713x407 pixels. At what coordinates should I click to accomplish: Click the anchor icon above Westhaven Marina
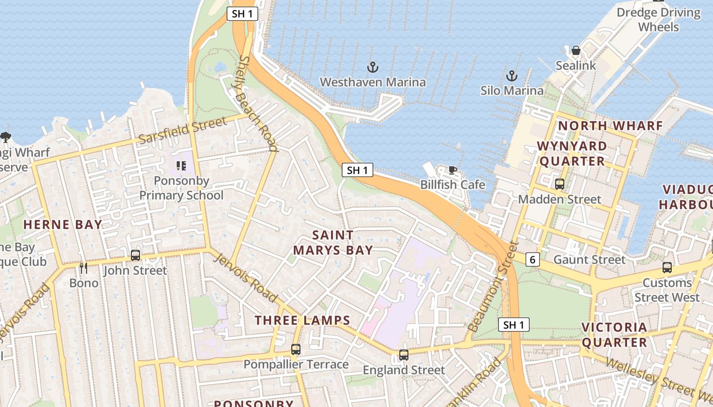[x=373, y=67]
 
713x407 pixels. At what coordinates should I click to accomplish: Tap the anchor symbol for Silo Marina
[x=511, y=76]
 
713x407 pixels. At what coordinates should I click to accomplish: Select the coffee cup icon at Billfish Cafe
[x=452, y=170]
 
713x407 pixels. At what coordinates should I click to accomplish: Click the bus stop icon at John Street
[x=135, y=255]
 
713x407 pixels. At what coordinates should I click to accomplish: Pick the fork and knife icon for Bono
[x=84, y=268]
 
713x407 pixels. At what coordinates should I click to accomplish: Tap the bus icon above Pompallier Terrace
[x=295, y=350]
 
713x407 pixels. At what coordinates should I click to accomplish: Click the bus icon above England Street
[x=403, y=355]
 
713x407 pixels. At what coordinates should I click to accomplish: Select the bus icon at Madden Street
[x=560, y=184]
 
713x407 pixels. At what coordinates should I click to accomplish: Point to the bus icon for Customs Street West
[x=667, y=267]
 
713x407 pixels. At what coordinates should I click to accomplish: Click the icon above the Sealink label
[x=576, y=50]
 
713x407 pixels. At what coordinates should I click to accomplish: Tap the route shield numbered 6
[x=532, y=260]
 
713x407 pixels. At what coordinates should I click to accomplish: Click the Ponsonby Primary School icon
[x=181, y=165]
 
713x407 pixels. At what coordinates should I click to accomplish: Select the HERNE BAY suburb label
[x=63, y=224]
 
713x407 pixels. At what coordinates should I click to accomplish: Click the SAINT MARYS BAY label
[x=333, y=243]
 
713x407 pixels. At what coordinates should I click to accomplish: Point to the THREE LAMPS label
[x=303, y=321]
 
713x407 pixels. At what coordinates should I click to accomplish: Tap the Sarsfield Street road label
[x=182, y=130]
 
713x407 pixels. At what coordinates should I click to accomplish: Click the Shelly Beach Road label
[x=259, y=104]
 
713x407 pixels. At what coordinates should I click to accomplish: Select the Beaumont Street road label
[x=492, y=287]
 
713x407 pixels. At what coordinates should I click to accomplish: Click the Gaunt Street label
[x=589, y=260]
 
